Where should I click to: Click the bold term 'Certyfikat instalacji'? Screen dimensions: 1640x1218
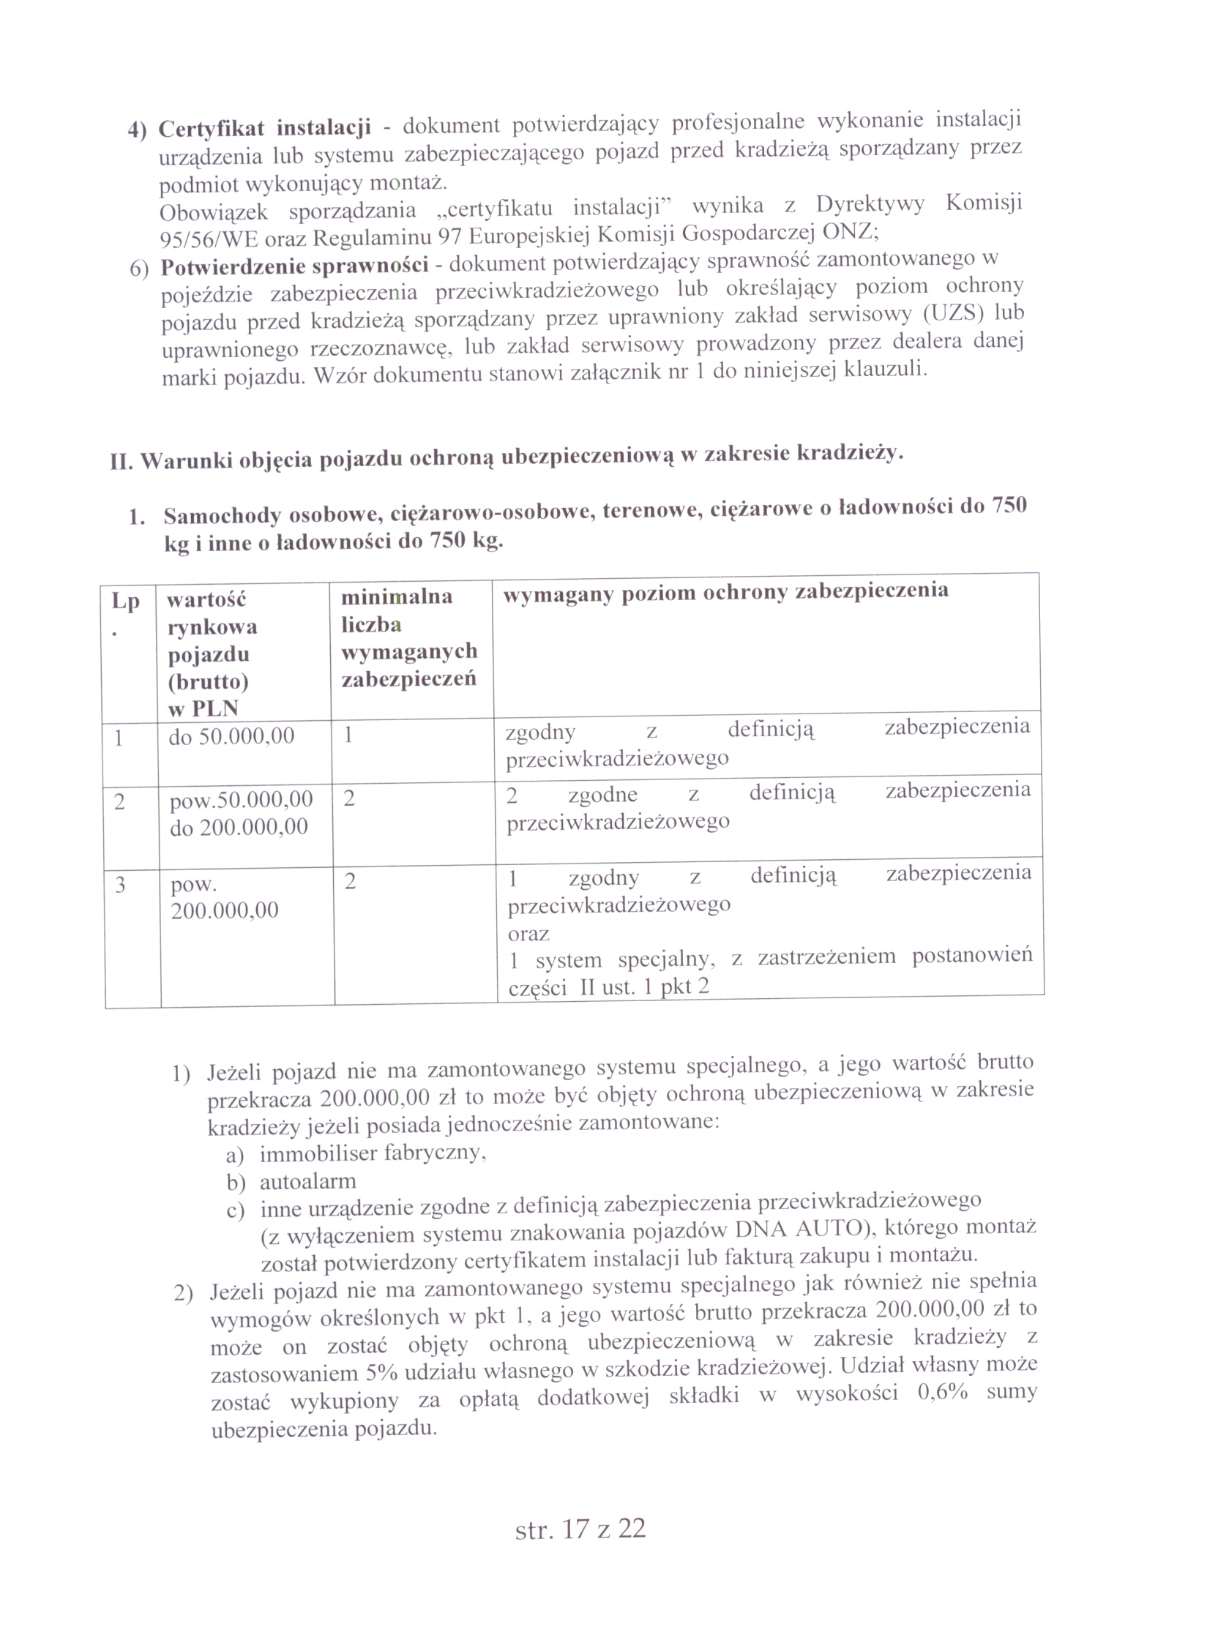tap(264, 128)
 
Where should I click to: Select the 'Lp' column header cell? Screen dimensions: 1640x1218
tap(125, 612)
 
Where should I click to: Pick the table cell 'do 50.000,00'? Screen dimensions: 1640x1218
tap(231, 735)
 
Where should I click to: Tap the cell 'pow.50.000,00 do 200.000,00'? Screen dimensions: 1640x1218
tap(241, 813)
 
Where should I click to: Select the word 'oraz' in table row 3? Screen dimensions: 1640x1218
tap(528, 934)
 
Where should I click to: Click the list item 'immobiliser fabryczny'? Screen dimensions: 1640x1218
tap(373, 1152)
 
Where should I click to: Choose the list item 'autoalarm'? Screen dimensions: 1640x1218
tap(307, 1182)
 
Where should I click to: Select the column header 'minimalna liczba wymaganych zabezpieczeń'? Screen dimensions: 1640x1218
tap(409, 637)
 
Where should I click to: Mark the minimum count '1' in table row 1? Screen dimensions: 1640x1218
tap(348, 735)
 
